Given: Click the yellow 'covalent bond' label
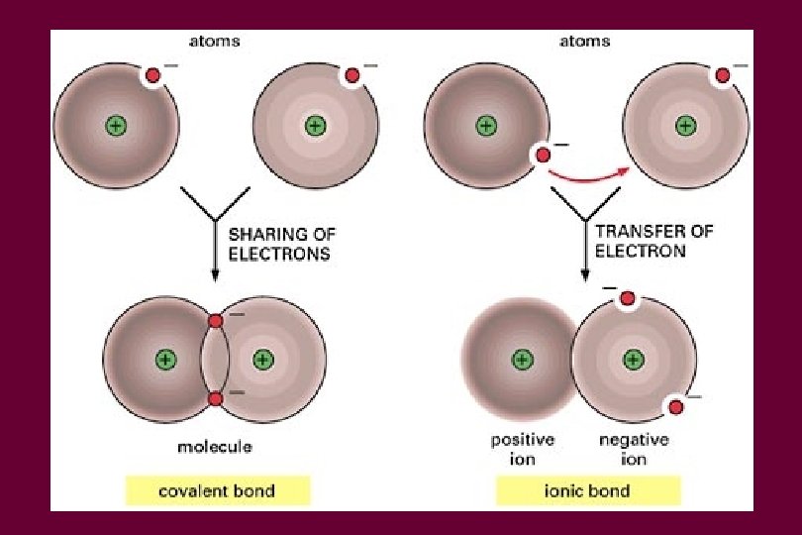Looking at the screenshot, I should pyautogui.click(x=218, y=490).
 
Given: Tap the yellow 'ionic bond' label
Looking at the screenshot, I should pyautogui.click(x=587, y=490).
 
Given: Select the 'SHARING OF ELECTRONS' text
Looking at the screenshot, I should pyautogui.click(x=282, y=243).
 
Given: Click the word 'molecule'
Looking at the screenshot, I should pyautogui.click(x=215, y=447).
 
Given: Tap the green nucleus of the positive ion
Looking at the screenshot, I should pyautogui.click(x=522, y=359).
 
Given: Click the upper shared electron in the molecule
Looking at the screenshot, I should pyautogui.click(x=215, y=321).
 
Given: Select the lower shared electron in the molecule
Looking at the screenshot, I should pyautogui.click(x=215, y=398).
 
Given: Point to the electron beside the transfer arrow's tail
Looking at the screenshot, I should pyautogui.click(x=543, y=155).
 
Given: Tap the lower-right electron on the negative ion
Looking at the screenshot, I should pyautogui.click(x=676, y=406).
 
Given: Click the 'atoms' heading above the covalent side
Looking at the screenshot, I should pyautogui.click(x=215, y=42).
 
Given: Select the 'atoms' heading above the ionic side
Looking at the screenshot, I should pyautogui.click(x=585, y=42).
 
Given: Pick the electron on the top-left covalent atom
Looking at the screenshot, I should pyautogui.click(x=153, y=75).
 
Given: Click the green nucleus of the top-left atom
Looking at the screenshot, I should pyautogui.click(x=116, y=126).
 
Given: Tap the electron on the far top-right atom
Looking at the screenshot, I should pyautogui.click(x=724, y=75).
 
